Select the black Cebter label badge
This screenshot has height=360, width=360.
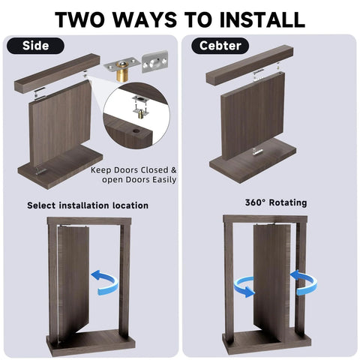(x=220, y=46)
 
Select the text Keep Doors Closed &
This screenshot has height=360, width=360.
(x=134, y=169)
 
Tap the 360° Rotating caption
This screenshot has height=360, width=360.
(x=275, y=202)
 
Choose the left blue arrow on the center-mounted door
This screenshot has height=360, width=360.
(x=244, y=285)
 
